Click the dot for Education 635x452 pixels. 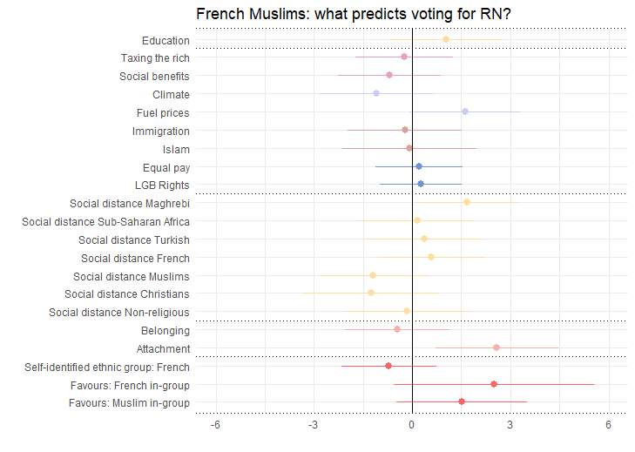(446, 39)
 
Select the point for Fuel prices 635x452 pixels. (465, 111)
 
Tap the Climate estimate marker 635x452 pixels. (376, 93)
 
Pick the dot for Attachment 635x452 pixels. (497, 347)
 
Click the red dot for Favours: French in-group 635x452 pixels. (494, 384)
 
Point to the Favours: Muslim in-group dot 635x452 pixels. (462, 401)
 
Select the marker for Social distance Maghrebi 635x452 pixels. (467, 202)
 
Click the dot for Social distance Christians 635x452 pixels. (371, 293)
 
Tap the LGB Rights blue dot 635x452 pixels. (421, 184)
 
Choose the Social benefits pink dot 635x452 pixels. (389, 75)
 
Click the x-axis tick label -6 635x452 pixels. (215, 425)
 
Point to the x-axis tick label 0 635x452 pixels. (412, 425)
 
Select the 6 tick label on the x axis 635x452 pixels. (608, 425)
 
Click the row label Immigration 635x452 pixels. (161, 132)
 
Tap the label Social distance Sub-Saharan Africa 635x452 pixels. (105, 222)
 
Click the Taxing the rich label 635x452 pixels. (155, 58)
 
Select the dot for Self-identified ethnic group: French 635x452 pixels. (388, 366)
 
